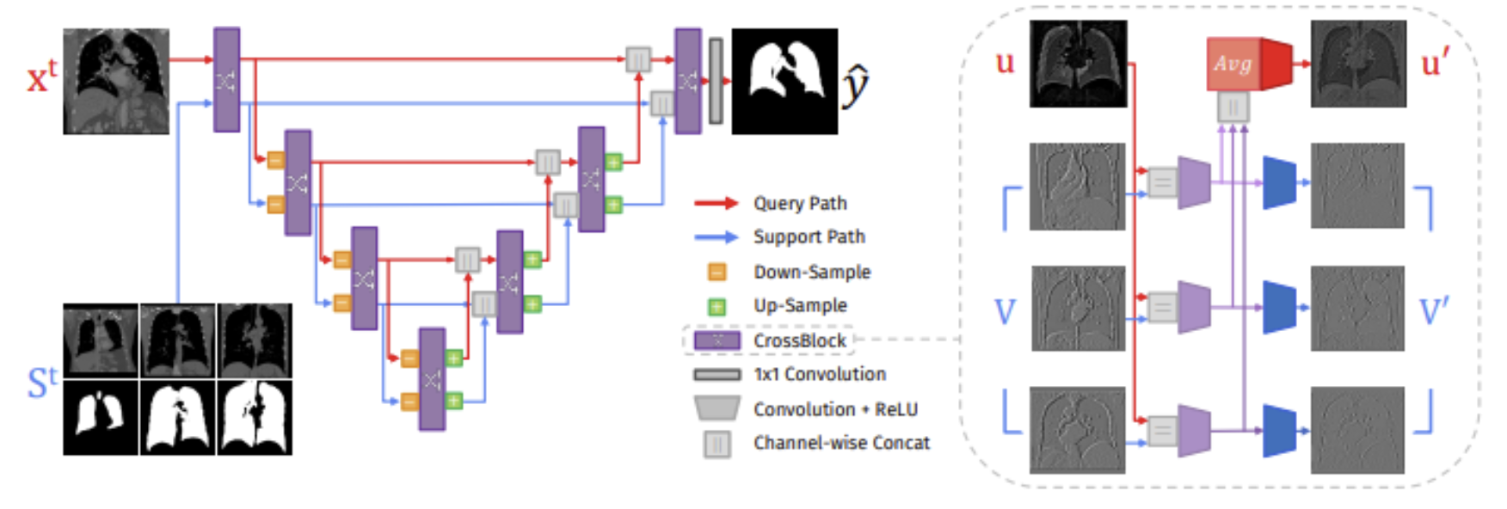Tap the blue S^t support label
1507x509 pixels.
click(x=42, y=383)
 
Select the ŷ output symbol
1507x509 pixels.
click(x=855, y=86)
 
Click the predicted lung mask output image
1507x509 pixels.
click(x=784, y=82)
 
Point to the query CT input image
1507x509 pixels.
click(x=116, y=82)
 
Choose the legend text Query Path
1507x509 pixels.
click(x=800, y=203)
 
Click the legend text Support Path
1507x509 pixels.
click(x=809, y=236)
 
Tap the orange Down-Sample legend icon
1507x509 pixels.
click(x=717, y=272)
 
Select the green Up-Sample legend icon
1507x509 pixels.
click(x=717, y=306)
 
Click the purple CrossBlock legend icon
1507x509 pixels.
click(x=717, y=340)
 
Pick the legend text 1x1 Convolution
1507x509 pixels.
click(x=820, y=374)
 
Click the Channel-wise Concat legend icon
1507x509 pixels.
click(x=717, y=444)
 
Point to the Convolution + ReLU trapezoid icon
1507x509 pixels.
click(x=717, y=408)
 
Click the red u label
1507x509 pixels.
click(x=1005, y=63)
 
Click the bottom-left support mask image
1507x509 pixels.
click(x=101, y=417)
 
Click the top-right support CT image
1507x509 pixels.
click(x=255, y=340)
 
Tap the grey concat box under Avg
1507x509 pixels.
click(x=1233, y=107)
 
